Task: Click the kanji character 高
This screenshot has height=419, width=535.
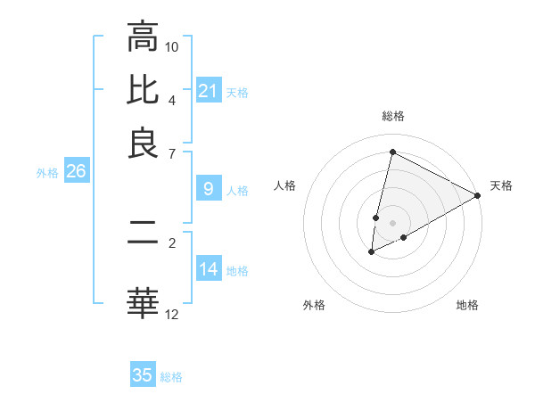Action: [143, 37]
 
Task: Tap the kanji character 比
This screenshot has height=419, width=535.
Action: [143, 91]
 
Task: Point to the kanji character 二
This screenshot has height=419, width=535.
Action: [143, 234]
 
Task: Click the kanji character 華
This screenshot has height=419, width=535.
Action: [143, 302]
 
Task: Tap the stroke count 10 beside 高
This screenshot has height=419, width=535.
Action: [172, 46]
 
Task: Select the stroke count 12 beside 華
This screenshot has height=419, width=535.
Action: [172, 314]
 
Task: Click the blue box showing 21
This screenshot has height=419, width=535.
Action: [208, 91]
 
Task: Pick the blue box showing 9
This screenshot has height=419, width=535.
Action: [208, 189]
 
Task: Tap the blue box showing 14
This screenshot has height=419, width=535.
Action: [208, 269]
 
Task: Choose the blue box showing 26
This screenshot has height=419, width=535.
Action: [76, 171]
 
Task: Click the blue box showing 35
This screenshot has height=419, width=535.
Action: [143, 375]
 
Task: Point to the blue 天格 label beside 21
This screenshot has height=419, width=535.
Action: [237, 92]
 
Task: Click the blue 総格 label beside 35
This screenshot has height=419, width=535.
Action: [171, 376]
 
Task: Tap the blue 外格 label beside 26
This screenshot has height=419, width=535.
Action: [46, 173]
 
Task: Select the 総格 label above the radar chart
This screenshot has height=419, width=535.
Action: [392, 117]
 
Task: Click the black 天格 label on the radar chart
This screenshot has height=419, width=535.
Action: [501, 185]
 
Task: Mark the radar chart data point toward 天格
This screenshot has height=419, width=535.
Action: [478, 195]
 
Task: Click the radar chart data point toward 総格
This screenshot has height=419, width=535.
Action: [392, 152]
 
